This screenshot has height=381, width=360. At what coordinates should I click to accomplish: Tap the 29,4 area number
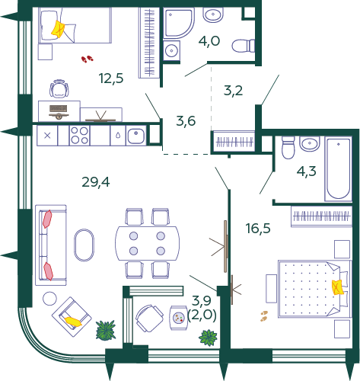click(x=96, y=181)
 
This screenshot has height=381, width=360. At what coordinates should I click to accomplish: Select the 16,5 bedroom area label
click(x=259, y=227)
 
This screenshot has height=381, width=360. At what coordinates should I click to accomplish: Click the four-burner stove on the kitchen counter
click(x=79, y=136)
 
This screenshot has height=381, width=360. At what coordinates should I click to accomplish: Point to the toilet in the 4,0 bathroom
click(x=243, y=44)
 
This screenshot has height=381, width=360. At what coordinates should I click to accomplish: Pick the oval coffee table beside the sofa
click(x=85, y=246)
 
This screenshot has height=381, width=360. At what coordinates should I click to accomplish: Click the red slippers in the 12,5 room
click(x=88, y=58)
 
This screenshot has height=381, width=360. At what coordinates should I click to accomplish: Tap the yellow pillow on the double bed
click(x=337, y=287)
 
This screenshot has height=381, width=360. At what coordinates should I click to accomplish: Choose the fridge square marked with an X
click(x=47, y=136)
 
